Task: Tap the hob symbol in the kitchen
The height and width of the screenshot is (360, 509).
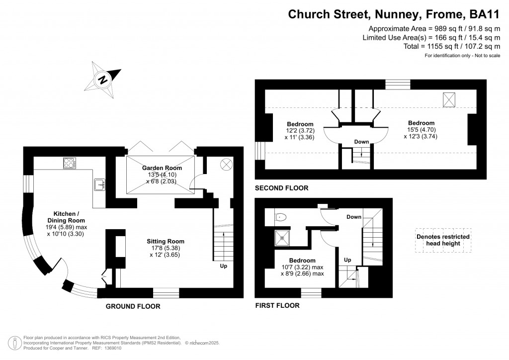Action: pyautogui.click(x=69, y=163)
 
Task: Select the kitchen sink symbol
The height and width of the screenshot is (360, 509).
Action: pyautogui.click(x=98, y=185)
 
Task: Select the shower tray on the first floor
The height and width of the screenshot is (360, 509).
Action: pyautogui.click(x=282, y=238)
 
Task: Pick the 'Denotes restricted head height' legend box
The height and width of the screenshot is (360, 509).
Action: pyautogui.click(x=443, y=240)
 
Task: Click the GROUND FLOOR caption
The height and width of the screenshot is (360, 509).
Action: pyautogui.click(x=133, y=307)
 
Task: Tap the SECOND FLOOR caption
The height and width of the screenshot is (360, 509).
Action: pyautogui.click(x=281, y=188)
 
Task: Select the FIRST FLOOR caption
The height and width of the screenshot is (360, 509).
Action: pyautogui.click(x=277, y=305)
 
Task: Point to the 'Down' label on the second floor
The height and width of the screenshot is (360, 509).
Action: pyautogui.click(x=361, y=142)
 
